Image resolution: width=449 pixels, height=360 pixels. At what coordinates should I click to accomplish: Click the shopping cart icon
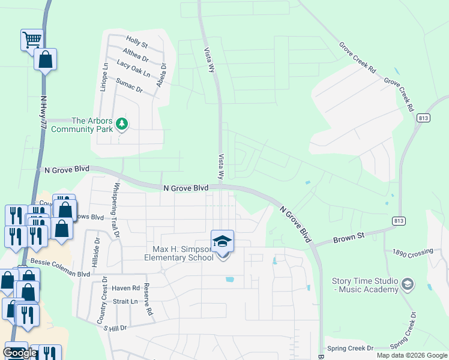[32, 40]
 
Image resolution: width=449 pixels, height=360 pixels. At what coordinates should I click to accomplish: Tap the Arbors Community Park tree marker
[122, 124]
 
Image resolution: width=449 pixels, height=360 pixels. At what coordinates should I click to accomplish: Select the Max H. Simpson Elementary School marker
[222, 241]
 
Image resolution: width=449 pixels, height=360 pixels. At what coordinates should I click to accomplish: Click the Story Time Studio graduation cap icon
[408, 283]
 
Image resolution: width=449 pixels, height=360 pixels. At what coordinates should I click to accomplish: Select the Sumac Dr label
[129, 86]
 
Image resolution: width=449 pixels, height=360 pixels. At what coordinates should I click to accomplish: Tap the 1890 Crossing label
[412, 254]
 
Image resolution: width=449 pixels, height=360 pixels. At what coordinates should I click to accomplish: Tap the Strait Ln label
[125, 302]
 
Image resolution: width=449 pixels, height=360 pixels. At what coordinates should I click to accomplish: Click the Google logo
[20, 353]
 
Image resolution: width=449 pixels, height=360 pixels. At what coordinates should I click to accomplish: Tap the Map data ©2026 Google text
[412, 355]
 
